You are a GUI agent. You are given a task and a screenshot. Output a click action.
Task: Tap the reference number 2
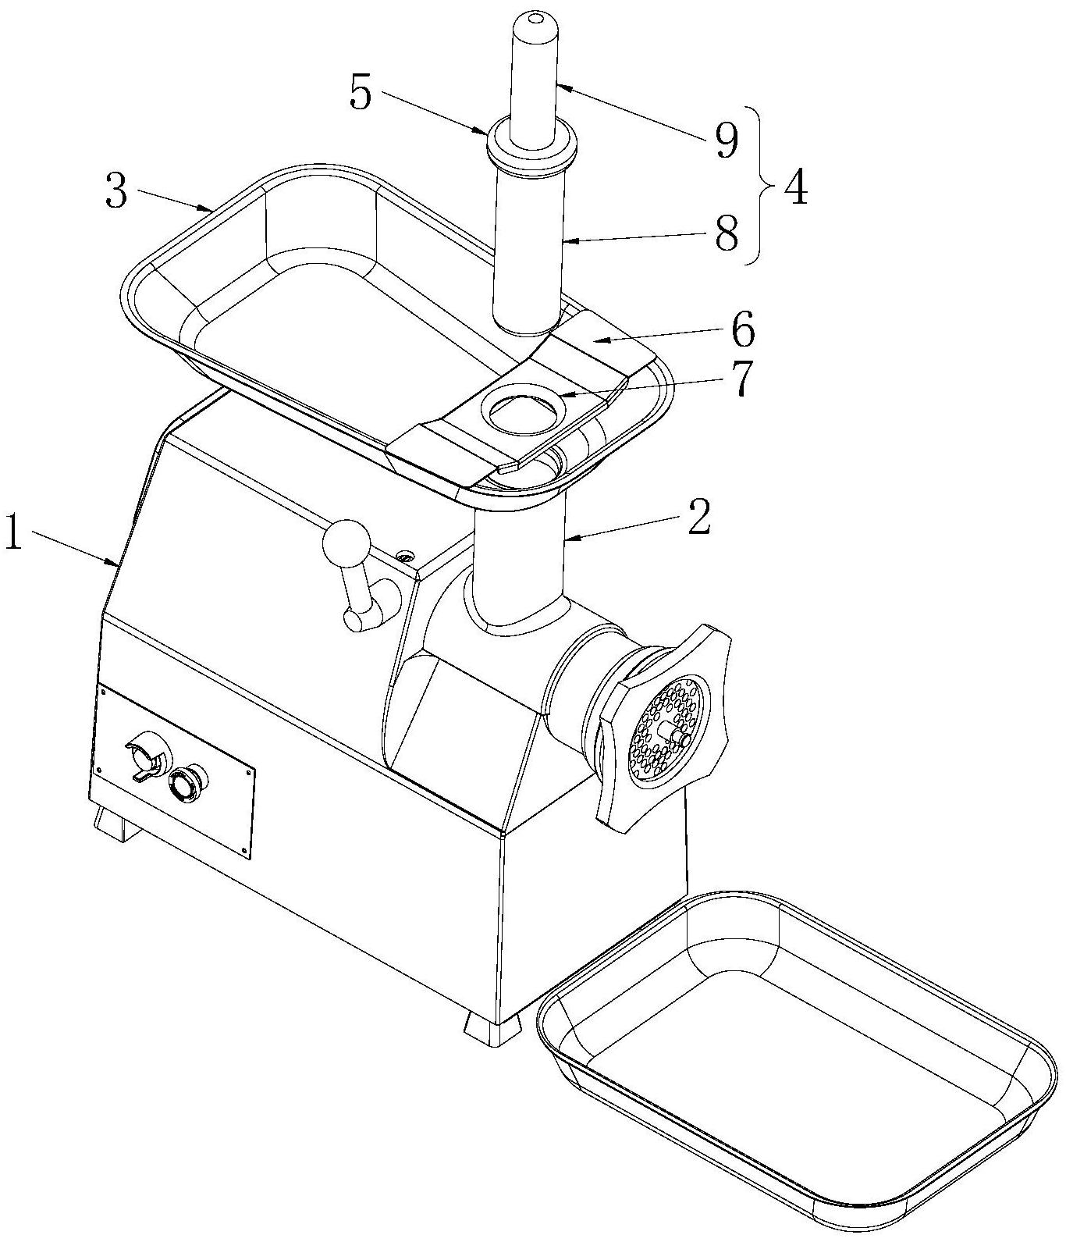(698, 517)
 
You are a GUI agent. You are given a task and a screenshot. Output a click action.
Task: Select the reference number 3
(116, 191)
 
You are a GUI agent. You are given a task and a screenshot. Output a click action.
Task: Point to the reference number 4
(795, 187)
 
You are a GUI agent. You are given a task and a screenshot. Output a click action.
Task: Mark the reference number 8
(727, 233)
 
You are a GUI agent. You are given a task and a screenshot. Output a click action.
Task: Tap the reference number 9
(726, 141)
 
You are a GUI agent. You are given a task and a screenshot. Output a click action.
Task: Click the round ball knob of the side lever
(346, 543)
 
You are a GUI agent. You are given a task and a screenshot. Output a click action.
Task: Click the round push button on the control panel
(187, 783)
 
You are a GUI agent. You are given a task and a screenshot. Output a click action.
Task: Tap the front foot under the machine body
(492, 1028)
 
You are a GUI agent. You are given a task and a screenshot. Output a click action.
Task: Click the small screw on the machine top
(404, 556)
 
